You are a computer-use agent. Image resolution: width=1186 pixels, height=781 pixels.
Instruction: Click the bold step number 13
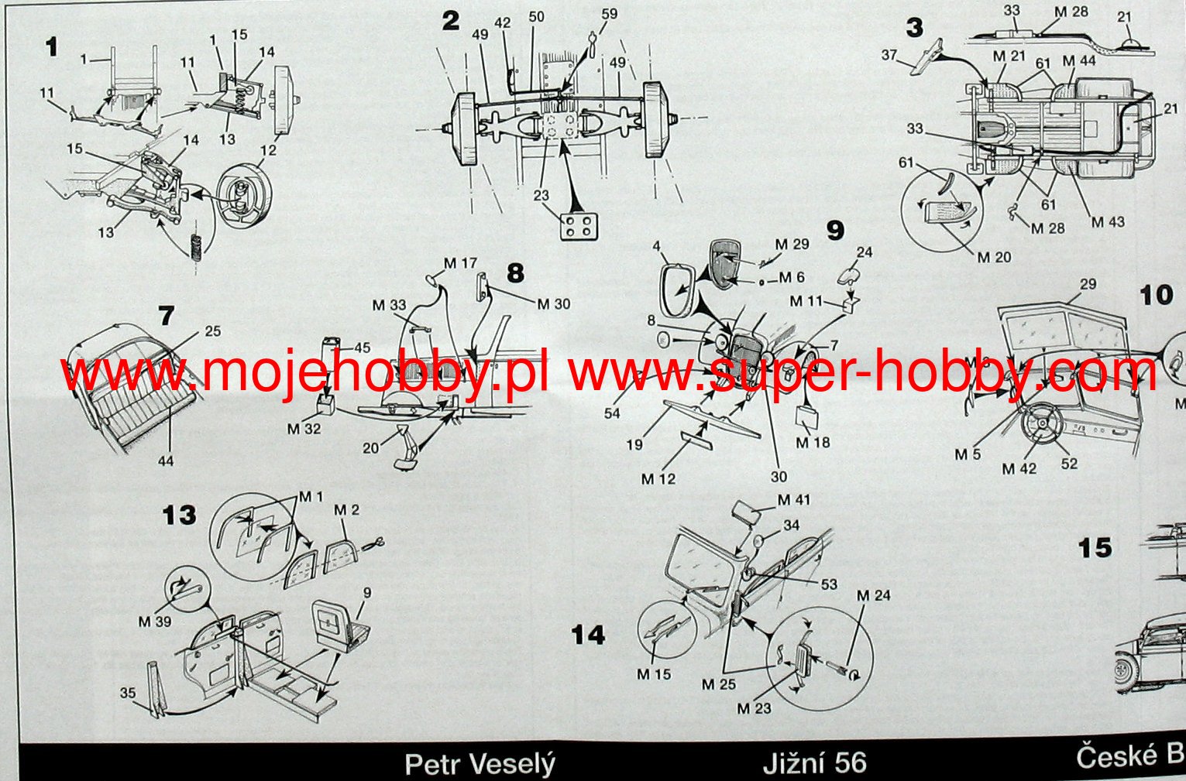click(180, 516)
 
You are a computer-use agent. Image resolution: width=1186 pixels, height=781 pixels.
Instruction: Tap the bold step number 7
click(166, 315)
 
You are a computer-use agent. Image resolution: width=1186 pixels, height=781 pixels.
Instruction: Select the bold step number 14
click(587, 635)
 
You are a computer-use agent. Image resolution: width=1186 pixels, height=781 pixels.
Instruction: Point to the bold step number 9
click(834, 231)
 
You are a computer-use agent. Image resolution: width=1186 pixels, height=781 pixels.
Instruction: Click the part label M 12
click(658, 479)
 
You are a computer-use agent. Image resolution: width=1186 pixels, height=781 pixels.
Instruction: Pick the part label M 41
click(793, 500)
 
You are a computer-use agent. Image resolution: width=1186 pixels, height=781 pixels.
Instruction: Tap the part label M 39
click(154, 621)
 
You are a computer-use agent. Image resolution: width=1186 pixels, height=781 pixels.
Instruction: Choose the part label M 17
click(460, 263)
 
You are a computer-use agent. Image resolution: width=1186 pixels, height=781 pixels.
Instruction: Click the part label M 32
click(304, 428)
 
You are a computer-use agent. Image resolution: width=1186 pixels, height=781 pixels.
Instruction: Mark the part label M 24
click(873, 595)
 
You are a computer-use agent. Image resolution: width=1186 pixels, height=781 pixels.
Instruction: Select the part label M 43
click(1108, 222)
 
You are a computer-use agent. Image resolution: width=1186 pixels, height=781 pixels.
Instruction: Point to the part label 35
click(128, 693)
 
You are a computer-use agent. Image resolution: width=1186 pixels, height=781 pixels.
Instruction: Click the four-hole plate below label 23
click(578, 225)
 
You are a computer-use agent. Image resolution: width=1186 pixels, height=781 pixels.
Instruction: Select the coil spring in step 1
click(196, 245)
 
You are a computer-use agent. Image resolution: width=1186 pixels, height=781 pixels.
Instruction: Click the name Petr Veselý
click(480, 765)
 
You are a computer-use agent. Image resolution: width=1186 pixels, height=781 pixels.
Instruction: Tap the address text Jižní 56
click(814, 763)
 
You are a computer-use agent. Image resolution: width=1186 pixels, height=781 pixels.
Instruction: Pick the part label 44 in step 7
click(166, 461)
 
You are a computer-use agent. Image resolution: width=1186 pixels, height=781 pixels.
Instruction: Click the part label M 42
click(1019, 468)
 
